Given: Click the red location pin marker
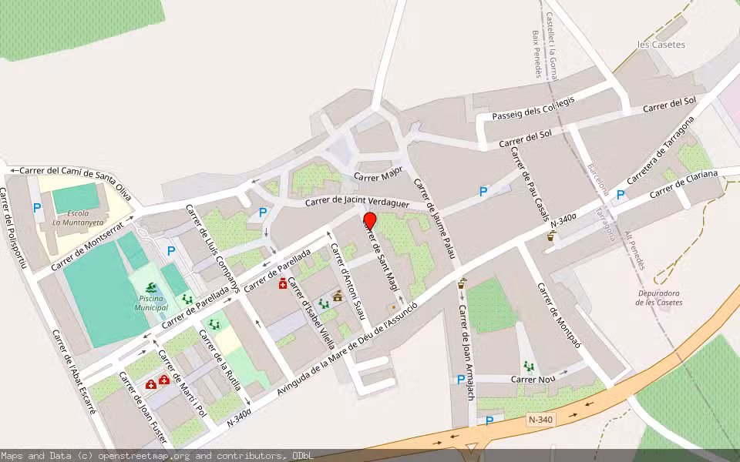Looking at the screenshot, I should [x=369, y=221].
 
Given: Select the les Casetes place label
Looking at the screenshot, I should [x=661, y=45].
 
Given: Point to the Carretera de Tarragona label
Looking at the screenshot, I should [x=661, y=151].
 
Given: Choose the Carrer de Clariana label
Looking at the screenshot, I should [x=683, y=183].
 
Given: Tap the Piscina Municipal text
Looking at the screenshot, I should [x=151, y=303].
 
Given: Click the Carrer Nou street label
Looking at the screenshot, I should [x=534, y=379].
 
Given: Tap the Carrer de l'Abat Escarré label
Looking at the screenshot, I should [x=74, y=372].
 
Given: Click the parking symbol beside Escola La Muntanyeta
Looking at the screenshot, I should [x=37, y=207].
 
